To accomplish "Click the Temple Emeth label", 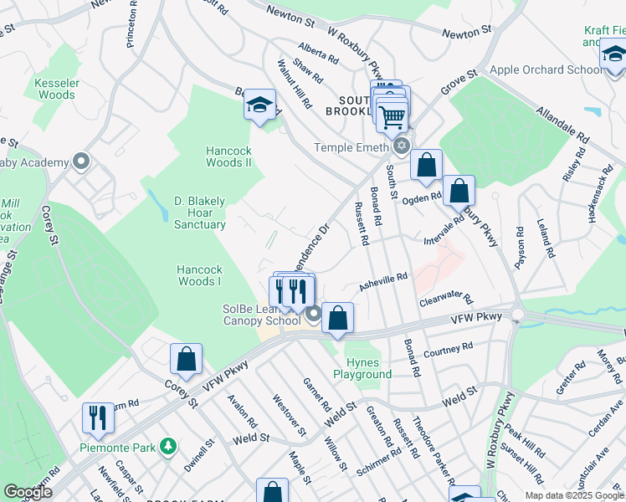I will click(x=351, y=147).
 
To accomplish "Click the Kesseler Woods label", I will click(x=56, y=90).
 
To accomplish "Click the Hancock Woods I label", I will click(x=199, y=275).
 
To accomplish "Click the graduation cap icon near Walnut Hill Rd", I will click(x=260, y=105).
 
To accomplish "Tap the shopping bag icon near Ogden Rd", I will click(x=459, y=191).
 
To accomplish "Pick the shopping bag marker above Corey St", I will click(x=186, y=360).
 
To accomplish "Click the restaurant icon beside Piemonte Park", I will click(x=99, y=417).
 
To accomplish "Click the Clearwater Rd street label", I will click(x=446, y=299).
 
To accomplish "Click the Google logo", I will click(x=28, y=493).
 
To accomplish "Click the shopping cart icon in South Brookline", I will click(x=391, y=116).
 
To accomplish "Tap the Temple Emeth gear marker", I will click(x=403, y=146).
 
